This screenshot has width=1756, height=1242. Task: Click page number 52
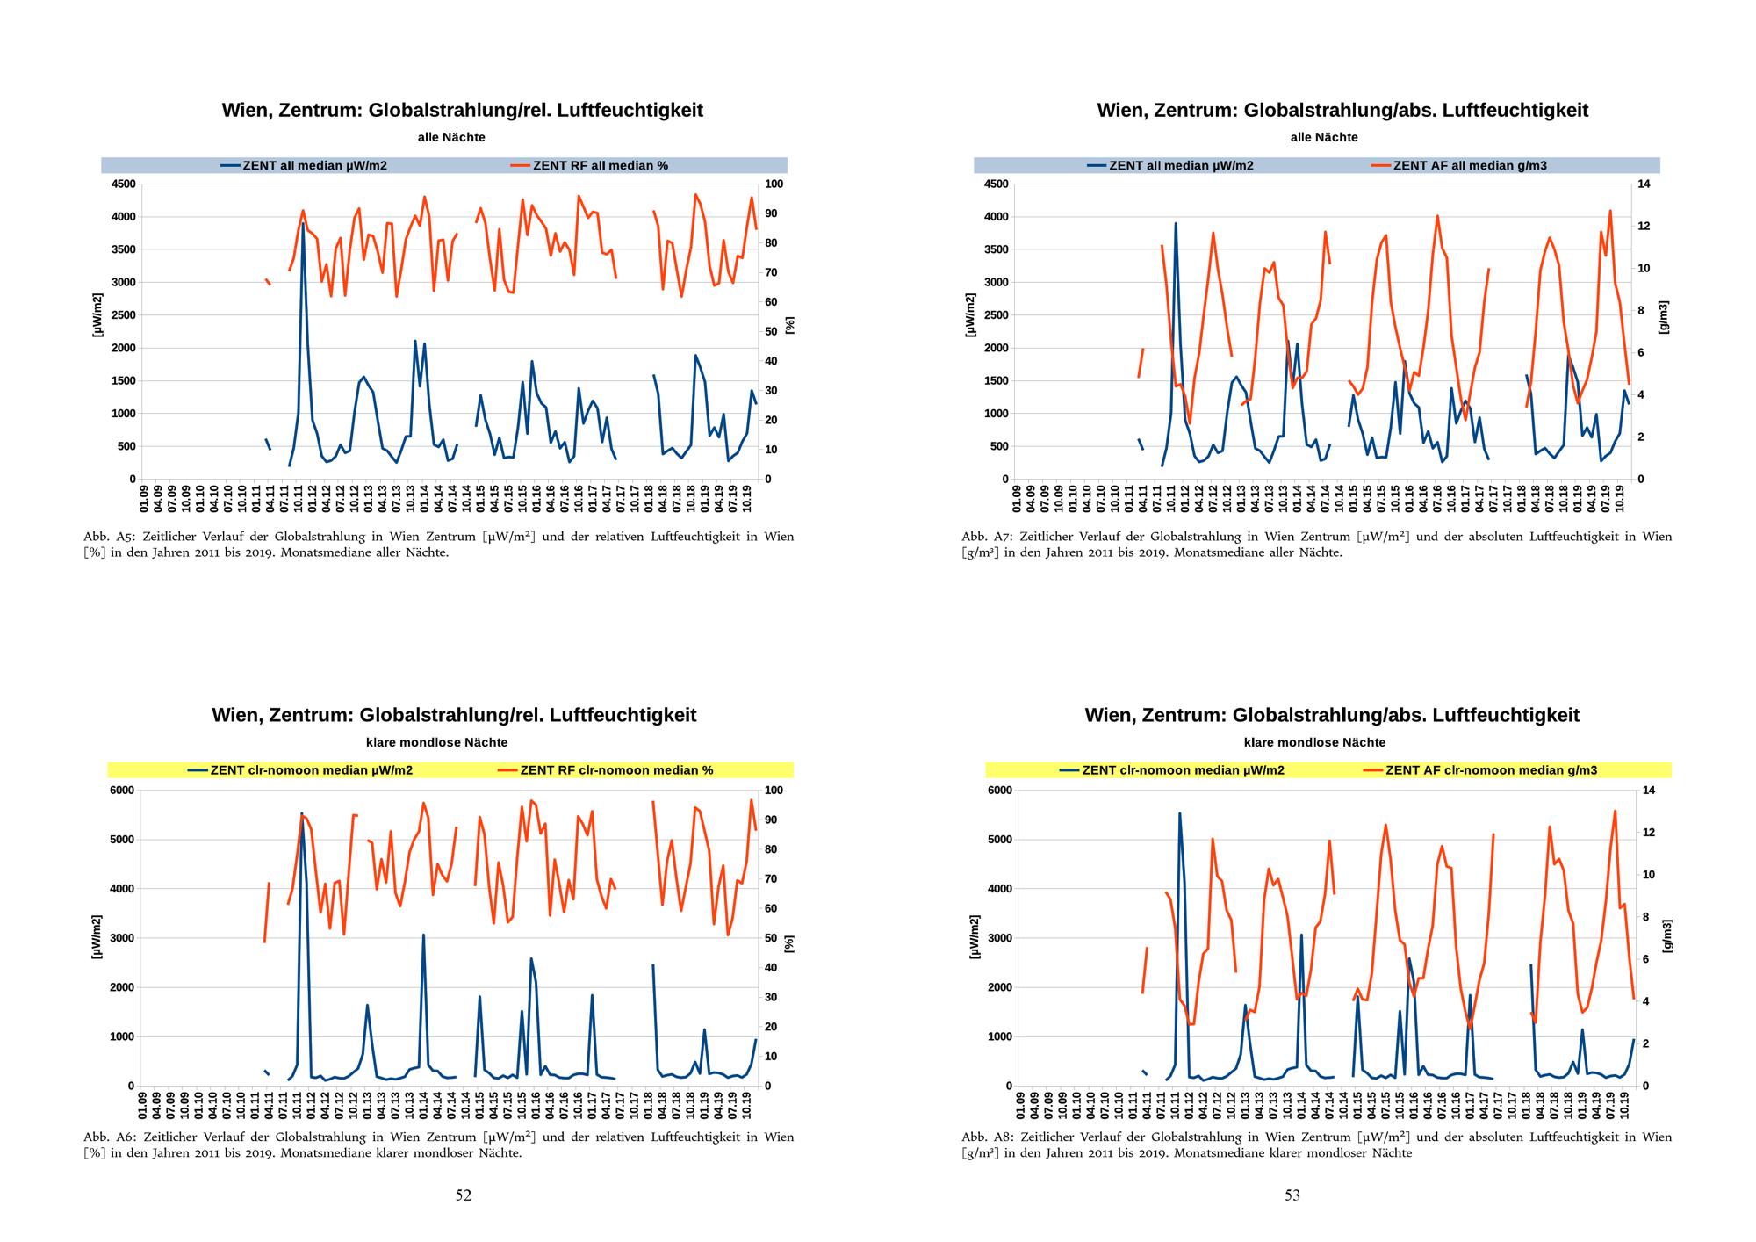[x=464, y=1195]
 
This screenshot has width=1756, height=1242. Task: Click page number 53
[x=1292, y=1195]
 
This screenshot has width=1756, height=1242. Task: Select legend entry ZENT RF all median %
[x=600, y=165]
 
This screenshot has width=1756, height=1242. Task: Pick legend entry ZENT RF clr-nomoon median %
[x=616, y=770]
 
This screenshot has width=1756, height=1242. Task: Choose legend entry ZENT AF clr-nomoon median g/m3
[x=1491, y=770]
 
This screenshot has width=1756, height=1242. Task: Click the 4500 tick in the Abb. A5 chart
[x=123, y=184]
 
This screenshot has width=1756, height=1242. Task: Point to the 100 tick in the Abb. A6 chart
[x=774, y=791]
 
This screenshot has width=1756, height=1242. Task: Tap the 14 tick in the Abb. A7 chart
[x=1644, y=184]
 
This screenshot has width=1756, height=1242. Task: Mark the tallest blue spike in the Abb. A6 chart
[x=302, y=813]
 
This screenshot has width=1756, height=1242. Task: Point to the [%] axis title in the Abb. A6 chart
[x=789, y=943]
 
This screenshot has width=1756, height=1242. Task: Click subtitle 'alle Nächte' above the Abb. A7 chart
[x=1324, y=137]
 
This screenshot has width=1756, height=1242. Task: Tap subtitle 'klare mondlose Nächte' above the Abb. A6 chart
[x=436, y=742]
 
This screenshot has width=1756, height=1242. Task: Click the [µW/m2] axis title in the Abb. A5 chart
[x=97, y=315]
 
